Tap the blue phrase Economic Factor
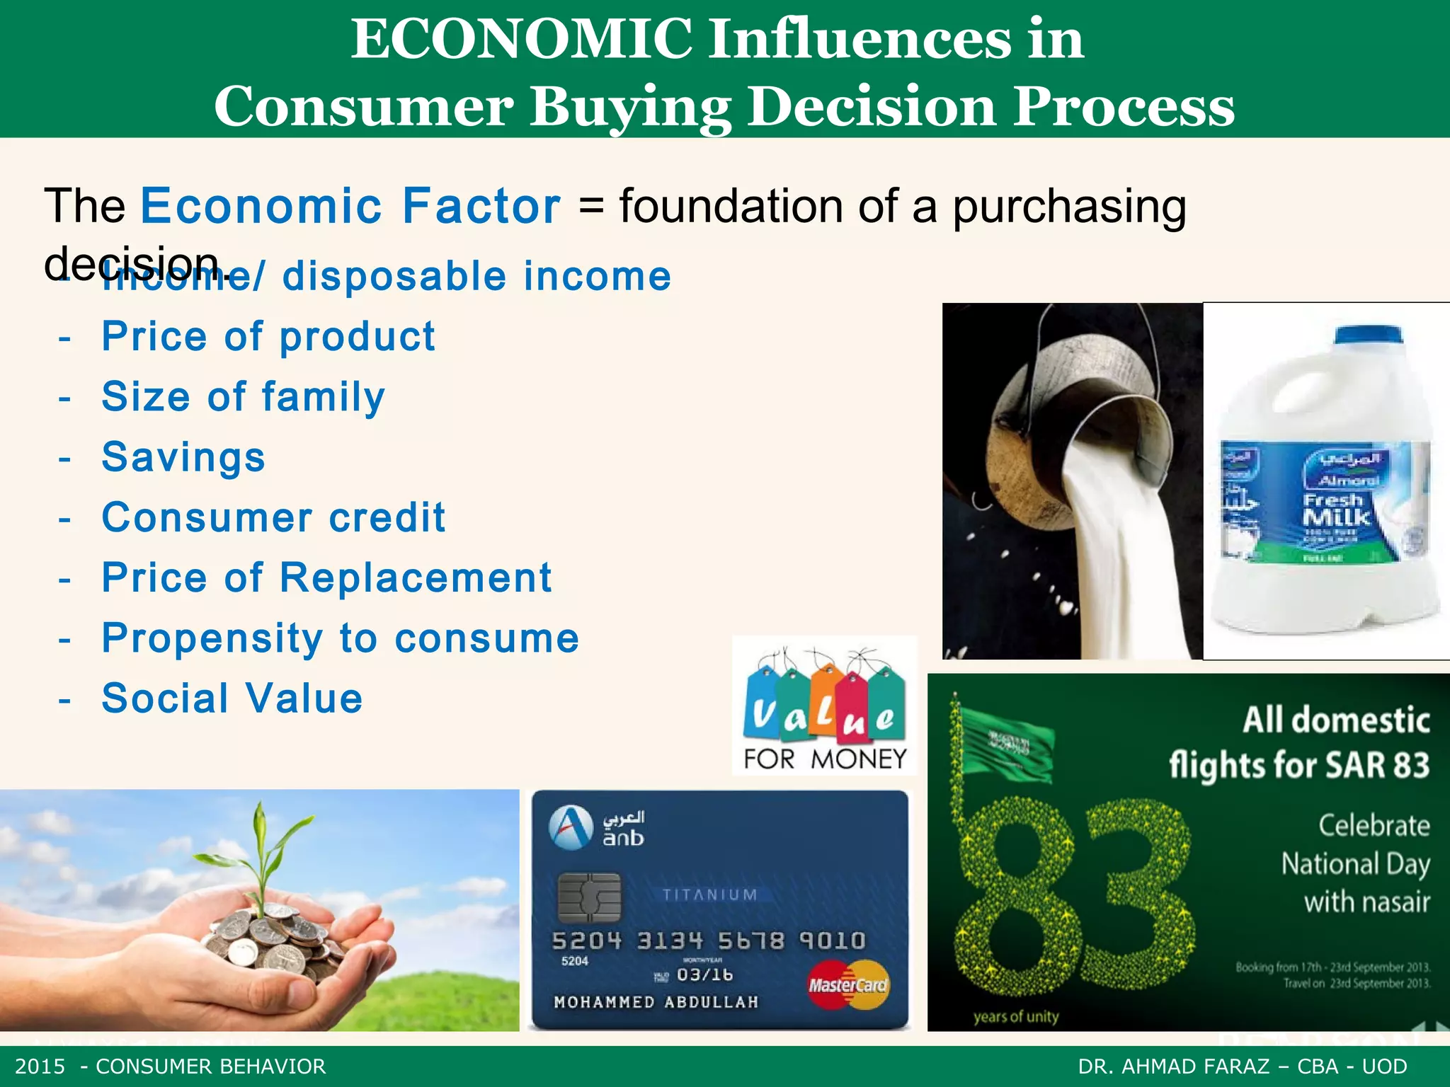point(351,206)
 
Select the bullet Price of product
point(268,336)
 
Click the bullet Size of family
point(243,396)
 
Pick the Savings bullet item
point(183,457)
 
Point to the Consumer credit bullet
point(273,517)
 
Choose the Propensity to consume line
point(340,638)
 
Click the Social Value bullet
point(232,698)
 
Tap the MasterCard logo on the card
point(847,984)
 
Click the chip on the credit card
point(589,897)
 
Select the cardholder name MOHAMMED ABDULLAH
point(656,1002)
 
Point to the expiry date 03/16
point(704,974)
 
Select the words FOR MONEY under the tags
point(825,759)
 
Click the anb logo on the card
point(597,827)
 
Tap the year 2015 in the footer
point(40,1066)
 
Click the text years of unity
point(1015,1017)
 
